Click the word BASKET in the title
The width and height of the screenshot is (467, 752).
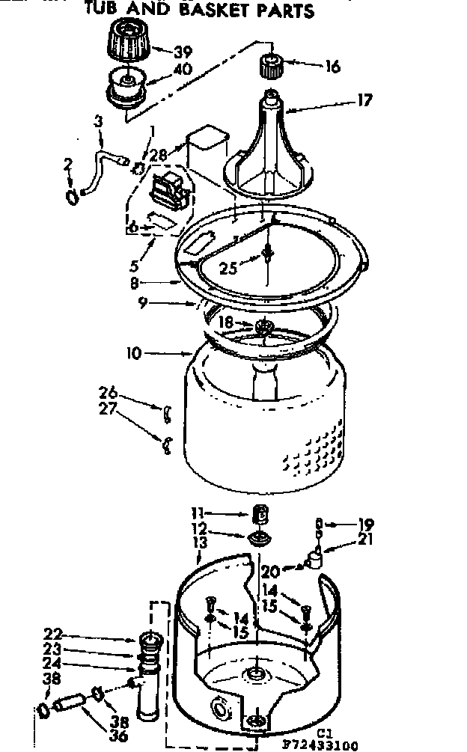[x=224, y=11]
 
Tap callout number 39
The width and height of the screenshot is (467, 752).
[x=183, y=52]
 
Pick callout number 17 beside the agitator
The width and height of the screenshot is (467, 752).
[x=364, y=100]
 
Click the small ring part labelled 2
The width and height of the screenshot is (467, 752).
[x=71, y=196]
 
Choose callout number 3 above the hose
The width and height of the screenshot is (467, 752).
[x=97, y=122]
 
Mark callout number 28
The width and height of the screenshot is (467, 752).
[x=157, y=154]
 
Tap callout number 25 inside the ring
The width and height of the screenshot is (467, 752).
[x=228, y=267]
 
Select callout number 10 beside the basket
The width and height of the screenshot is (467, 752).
[x=133, y=352]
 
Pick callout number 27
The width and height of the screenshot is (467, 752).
[x=109, y=409]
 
